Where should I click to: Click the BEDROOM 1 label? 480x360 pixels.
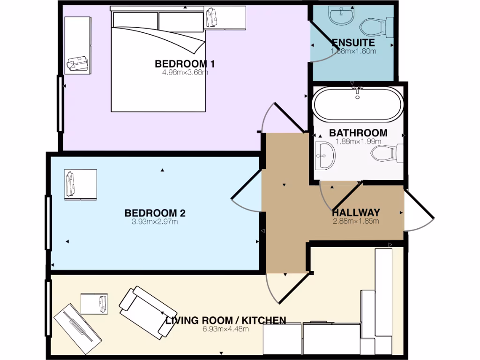[181, 64]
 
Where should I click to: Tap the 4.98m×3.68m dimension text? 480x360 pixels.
[181, 72]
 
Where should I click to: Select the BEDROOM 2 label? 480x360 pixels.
[155, 213]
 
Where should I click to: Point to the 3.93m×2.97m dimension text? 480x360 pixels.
[155, 222]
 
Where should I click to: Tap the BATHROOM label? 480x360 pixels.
[358, 133]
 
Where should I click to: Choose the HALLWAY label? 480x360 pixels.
[356, 213]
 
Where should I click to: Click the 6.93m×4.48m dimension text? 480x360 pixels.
[225, 329]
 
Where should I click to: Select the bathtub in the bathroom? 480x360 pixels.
[358, 104]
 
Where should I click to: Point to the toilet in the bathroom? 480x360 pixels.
[385, 153]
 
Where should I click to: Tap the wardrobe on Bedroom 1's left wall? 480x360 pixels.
[78, 45]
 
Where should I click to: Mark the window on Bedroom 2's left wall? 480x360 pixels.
[48, 223]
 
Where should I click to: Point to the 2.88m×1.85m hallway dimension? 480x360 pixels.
[356, 221]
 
